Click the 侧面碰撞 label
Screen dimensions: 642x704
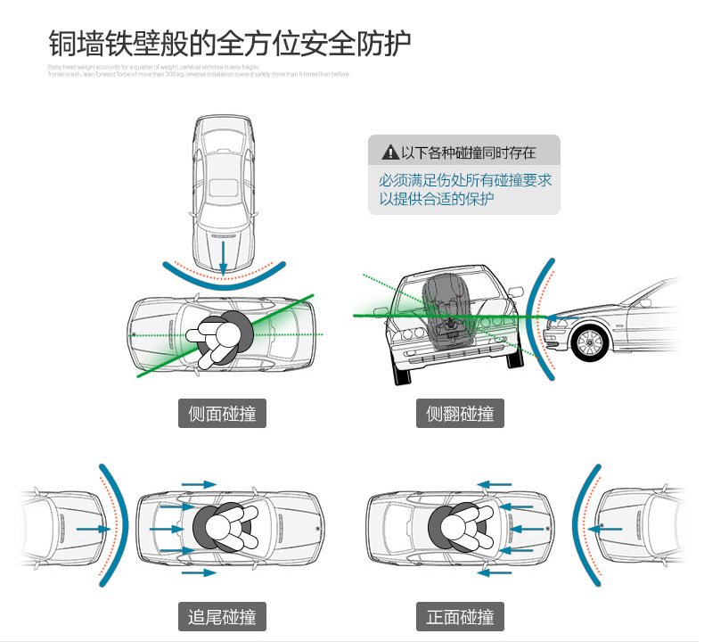(x=222, y=414)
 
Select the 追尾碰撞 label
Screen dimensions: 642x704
(x=222, y=616)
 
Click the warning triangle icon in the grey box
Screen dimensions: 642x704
(x=389, y=152)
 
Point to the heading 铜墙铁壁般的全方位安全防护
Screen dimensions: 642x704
(x=229, y=44)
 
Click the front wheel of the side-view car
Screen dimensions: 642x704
(x=589, y=342)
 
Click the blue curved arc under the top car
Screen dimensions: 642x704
(x=224, y=276)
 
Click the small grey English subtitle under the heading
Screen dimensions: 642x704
(x=200, y=70)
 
